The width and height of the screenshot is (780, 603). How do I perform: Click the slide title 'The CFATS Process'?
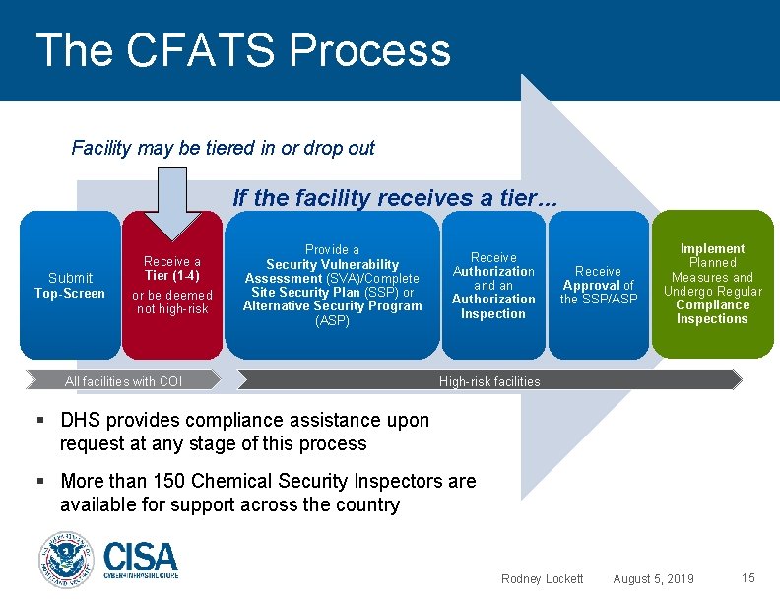point(242,50)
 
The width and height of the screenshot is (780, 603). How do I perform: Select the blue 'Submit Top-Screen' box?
point(69,285)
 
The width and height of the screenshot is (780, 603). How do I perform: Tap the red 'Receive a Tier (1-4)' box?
point(172,285)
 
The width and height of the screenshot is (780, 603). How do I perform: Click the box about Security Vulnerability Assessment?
point(332,285)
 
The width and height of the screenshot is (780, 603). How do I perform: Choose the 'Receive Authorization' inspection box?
point(493,285)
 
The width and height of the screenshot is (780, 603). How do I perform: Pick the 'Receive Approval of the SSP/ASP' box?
point(598,285)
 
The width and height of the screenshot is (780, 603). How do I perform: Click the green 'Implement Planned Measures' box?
point(712,284)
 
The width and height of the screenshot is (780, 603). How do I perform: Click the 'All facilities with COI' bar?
point(124,381)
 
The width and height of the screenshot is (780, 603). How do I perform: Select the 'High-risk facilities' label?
point(489,381)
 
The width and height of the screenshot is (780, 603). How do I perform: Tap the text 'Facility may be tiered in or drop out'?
point(223,149)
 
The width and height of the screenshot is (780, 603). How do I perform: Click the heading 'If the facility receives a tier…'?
point(395,197)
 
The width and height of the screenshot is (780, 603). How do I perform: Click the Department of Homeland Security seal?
point(65,561)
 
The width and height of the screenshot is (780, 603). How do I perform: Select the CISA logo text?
point(140,561)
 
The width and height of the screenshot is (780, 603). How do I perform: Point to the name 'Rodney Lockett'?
point(542,578)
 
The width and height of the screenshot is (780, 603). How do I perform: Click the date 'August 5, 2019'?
point(653,578)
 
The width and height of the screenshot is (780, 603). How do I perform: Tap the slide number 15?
point(747,577)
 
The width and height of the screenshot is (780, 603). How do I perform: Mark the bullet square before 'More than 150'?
point(41,481)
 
